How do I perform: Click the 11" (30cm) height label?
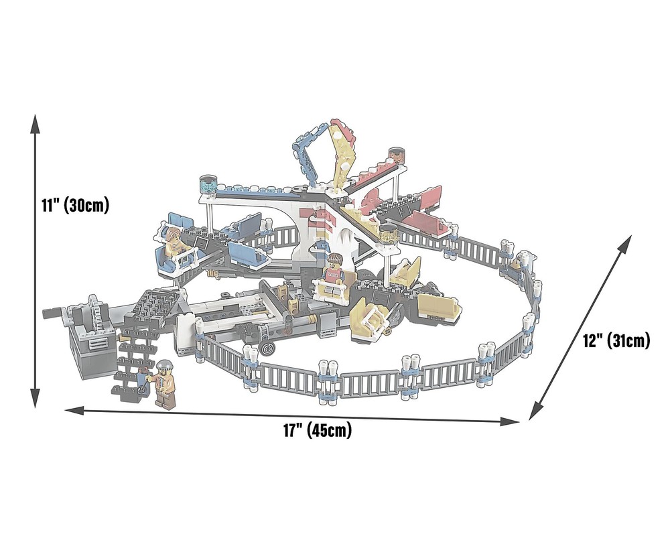(x=75, y=204)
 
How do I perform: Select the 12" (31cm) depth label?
(x=616, y=340)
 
